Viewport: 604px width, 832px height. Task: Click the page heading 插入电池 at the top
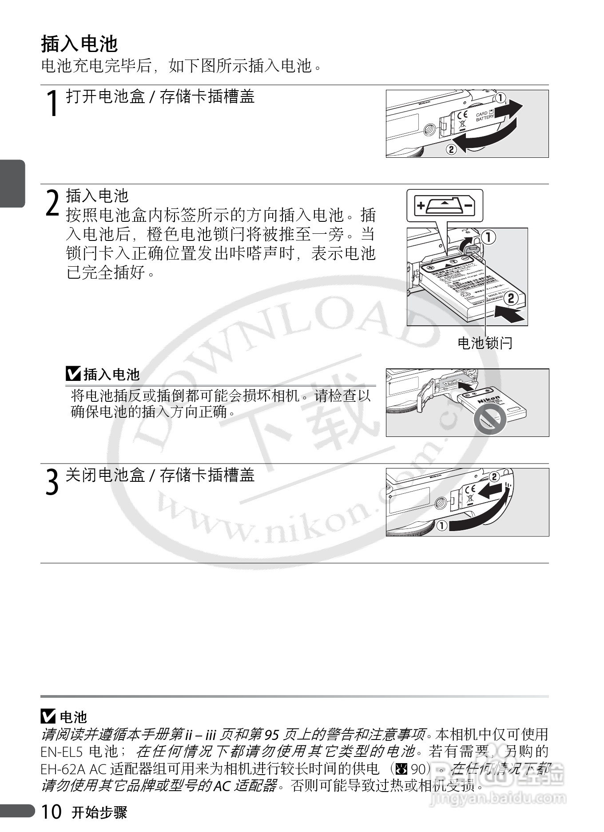click(x=79, y=44)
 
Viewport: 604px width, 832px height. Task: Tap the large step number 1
click(x=53, y=103)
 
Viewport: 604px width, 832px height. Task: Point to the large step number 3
click(x=52, y=482)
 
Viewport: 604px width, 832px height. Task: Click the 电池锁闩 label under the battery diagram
click(x=485, y=343)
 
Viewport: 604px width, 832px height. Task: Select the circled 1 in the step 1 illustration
click(x=501, y=97)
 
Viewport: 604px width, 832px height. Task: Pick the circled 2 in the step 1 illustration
click(x=451, y=149)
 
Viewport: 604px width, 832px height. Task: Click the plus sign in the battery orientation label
click(x=420, y=206)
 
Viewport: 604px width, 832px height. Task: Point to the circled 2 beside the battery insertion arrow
click(x=511, y=298)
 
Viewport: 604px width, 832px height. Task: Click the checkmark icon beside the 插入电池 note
click(x=73, y=374)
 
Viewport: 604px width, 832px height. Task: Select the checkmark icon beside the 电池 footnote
click(x=48, y=716)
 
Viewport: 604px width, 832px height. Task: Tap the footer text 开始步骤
click(x=99, y=812)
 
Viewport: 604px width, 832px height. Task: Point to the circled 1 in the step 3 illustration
click(x=442, y=526)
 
